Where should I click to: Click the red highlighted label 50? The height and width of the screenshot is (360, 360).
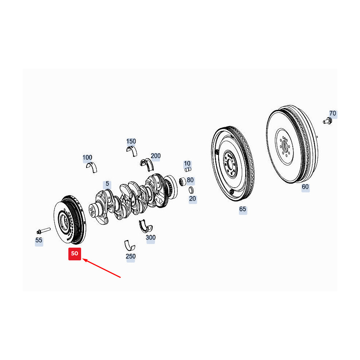[75, 253]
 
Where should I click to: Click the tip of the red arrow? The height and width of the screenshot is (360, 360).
[84, 259]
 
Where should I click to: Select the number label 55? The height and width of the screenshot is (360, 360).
[39, 240]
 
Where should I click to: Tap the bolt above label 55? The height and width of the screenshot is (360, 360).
[43, 231]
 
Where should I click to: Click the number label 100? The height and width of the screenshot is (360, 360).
[87, 157]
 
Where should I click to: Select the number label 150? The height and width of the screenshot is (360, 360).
[131, 141]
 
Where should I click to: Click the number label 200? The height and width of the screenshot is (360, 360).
[156, 156]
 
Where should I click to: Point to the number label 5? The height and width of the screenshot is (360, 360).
[107, 184]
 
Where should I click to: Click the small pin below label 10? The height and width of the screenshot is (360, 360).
[188, 169]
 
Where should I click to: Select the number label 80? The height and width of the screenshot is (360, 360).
[191, 180]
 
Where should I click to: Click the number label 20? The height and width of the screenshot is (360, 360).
[193, 199]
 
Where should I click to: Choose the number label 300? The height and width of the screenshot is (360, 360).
[151, 237]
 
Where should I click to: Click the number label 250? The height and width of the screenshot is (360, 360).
[131, 256]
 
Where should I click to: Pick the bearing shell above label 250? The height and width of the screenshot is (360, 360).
[129, 245]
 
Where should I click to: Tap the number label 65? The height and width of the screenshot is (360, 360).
[243, 209]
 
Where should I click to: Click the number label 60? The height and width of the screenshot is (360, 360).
[305, 187]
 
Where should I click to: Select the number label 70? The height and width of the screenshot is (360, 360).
[333, 114]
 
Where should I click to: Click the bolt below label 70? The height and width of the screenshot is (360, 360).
[327, 121]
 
